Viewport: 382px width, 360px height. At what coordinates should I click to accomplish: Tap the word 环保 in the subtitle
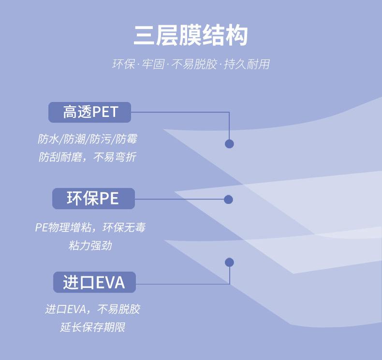[123, 64]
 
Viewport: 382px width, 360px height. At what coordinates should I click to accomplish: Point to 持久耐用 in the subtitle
[247, 64]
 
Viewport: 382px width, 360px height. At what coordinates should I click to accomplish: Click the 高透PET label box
[90, 112]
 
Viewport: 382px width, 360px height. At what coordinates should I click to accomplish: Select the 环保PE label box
[93, 198]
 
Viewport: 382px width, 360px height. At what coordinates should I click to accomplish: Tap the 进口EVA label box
[94, 282]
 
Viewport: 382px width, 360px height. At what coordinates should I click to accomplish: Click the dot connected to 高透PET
[229, 144]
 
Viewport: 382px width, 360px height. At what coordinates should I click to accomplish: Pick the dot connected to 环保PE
[228, 200]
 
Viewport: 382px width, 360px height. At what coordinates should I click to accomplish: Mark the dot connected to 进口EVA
[229, 262]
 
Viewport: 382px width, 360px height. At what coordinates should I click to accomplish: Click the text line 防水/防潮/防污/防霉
[88, 140]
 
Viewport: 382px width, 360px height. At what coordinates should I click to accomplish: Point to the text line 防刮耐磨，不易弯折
[88, 157]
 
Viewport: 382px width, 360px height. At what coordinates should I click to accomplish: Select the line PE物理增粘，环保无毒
[90, 227]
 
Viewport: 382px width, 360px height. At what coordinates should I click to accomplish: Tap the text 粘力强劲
[90, 245]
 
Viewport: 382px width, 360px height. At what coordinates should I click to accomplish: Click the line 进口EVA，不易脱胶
[92, 309]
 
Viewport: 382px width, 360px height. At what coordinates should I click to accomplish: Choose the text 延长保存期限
[92, 327]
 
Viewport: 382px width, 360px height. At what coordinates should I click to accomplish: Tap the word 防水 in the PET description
[48, 140]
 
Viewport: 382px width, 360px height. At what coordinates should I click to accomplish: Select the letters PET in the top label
[105, 112]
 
